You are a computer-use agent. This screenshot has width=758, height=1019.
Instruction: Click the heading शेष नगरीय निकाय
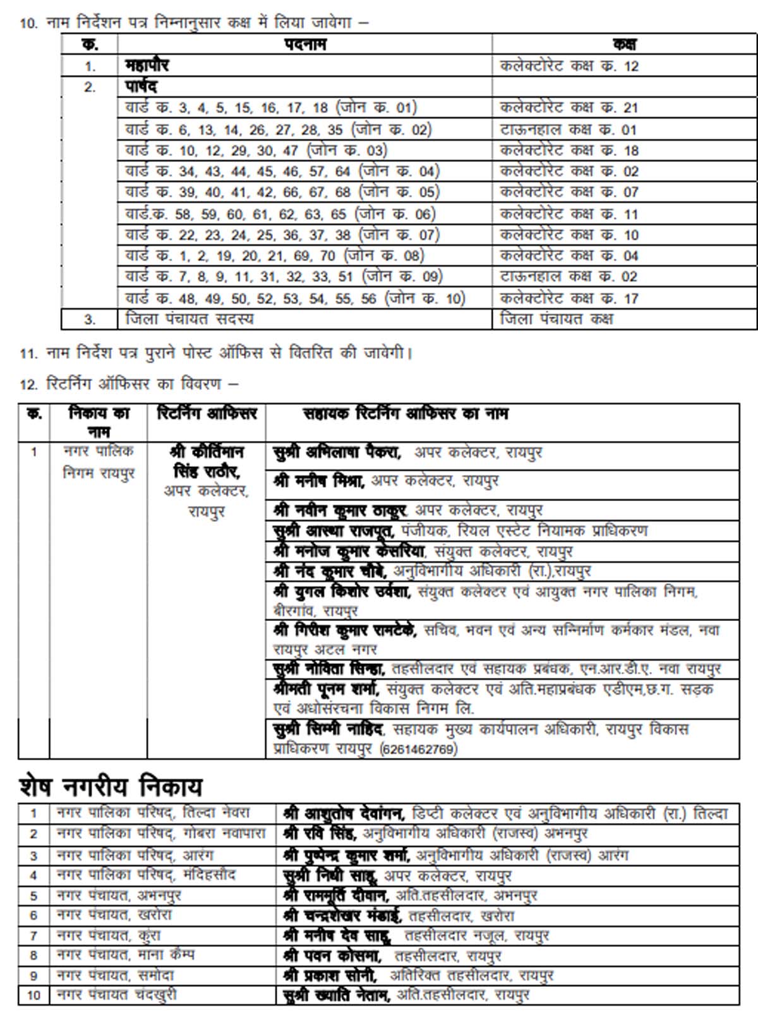(111, 787)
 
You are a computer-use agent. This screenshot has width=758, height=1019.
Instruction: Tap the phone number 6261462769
(418, 749)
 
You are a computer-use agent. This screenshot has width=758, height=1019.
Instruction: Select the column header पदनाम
(304, 44)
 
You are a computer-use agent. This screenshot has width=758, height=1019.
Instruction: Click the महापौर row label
(147, 66)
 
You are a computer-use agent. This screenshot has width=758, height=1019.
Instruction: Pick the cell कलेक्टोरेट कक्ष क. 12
(569, 66)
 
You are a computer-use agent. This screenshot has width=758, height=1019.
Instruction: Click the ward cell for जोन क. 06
(280, 214)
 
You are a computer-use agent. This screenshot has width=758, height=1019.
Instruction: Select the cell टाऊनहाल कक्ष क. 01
(568, 130)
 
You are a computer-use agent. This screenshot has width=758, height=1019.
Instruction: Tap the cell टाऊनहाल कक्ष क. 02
(568, 277)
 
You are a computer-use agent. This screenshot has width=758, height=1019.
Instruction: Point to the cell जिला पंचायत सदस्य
(189, 319)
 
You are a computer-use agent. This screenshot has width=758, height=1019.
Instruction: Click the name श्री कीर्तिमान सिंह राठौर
(207, 462)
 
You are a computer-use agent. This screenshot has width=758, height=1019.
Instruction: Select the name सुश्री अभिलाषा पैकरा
(336, 452)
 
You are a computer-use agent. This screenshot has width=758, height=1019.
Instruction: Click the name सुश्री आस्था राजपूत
(334, 531)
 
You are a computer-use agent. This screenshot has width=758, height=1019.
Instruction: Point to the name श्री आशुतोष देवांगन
(344, 813)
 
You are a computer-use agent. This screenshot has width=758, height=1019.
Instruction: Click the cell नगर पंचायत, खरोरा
(114, 915)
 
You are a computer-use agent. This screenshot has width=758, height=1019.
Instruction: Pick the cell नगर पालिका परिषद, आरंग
(135, 855)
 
